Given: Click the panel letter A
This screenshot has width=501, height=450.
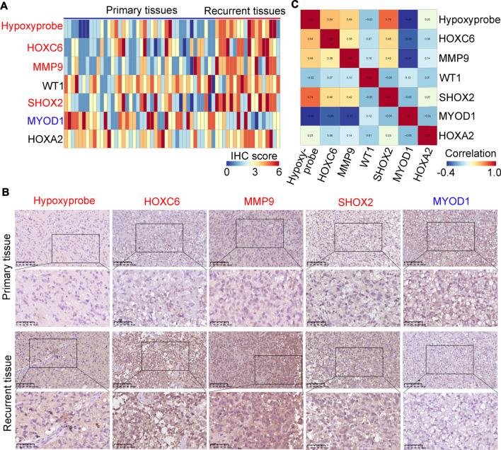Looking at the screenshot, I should [5, 6].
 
